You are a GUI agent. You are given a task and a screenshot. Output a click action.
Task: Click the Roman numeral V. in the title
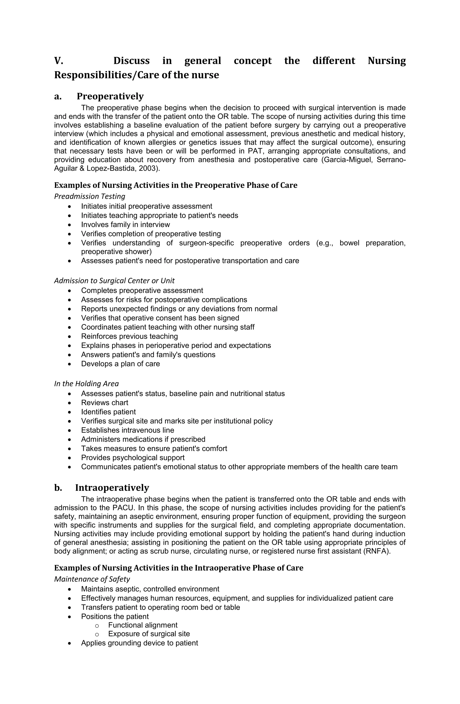59,61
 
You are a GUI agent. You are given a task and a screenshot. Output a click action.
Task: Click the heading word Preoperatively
110,96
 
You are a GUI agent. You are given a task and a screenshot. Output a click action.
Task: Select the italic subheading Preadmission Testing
90,196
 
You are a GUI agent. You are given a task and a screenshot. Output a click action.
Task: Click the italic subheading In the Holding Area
86,384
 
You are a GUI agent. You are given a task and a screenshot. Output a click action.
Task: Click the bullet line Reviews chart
105,403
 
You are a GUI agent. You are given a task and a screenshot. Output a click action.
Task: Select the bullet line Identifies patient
108,412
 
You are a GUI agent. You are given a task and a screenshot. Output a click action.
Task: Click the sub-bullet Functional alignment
142,625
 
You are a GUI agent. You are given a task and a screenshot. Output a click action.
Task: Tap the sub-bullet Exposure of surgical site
149,634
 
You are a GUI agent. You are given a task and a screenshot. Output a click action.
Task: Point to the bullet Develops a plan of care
120,364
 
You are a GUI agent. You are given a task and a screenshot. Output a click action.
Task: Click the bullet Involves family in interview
125,225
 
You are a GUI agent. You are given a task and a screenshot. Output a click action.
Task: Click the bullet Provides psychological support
133,458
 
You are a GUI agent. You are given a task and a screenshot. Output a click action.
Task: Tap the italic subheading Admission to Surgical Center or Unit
114,281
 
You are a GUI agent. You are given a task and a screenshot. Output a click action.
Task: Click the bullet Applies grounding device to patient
139,643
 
